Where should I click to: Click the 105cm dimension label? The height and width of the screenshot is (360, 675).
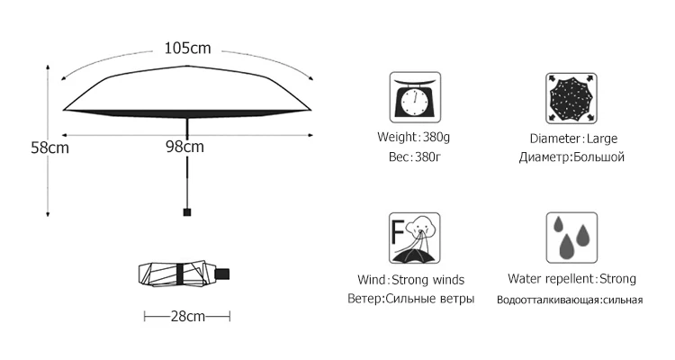[187, 49]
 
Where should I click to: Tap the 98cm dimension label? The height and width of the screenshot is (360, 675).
[184, 146]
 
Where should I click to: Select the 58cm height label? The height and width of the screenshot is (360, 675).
[23, 148]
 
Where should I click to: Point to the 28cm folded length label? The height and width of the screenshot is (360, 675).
[187, 316]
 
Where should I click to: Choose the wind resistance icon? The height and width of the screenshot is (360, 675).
[414, 238]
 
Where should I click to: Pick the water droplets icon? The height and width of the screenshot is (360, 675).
[571, 238]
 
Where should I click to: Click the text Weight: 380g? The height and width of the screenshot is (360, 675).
[414, 137]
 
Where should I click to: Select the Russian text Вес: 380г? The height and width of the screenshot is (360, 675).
[413, 157]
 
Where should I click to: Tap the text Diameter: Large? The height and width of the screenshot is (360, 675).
[572, 139]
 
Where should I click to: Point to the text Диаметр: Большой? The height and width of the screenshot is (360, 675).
[571, 157]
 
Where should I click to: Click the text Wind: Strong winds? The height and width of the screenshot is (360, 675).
[411, 279]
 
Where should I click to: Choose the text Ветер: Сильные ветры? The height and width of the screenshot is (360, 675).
[410, 298]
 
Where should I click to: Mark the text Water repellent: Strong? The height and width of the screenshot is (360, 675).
[571, 279]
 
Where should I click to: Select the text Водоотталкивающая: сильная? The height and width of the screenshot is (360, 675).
[570, 300]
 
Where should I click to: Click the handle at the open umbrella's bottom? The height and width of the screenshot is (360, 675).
[187, 212]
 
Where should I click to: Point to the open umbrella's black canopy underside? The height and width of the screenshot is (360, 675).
[187, 112]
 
